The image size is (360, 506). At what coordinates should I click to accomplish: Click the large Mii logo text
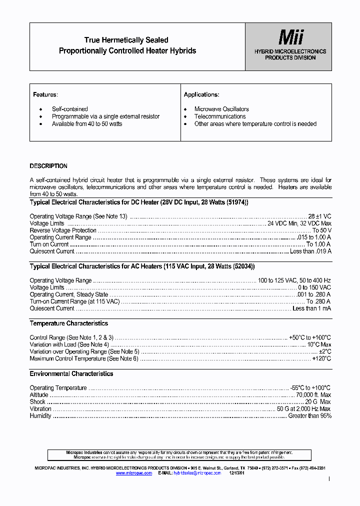pos(290,37)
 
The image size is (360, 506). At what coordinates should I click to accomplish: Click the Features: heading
pos(45,94)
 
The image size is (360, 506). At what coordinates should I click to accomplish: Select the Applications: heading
pos(201,94)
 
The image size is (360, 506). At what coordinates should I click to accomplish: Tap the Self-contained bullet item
pos(70,109)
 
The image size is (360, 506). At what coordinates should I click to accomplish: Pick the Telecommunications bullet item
pos(220,116)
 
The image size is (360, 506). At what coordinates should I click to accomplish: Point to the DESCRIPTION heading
pos(48,166)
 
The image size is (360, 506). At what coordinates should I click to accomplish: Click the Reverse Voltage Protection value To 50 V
pos(322,230)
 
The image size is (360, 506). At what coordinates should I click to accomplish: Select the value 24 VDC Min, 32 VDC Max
pos(299,223)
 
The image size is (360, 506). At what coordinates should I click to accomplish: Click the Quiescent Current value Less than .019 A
pos(310,251)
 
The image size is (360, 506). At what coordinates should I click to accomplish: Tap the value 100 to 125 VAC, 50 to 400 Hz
pos(294,280)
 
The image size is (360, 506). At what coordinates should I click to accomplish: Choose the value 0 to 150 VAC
pos(314,287)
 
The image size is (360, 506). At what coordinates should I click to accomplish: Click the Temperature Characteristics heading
pos(68,323)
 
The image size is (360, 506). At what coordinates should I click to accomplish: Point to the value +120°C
pos(321,358)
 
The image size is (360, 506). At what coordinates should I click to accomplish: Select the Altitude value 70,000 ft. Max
pos(313,395)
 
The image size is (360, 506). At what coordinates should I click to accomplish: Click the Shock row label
pos(37,402)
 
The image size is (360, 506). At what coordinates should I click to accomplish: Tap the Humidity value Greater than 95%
pos(309,416)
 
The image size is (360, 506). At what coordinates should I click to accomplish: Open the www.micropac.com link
pos(134,473)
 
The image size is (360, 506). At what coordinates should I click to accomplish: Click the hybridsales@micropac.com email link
pos(197,473)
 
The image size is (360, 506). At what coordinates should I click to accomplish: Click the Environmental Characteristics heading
pos(71,374)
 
